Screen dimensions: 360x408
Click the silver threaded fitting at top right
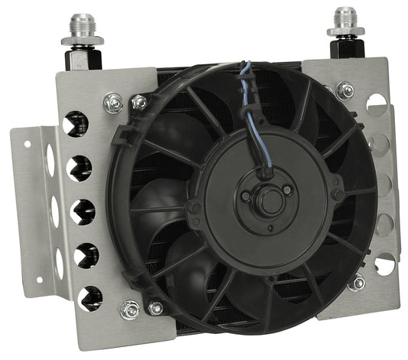pyautogui.click(x=345, y=23)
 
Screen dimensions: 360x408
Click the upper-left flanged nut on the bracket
pyautogui.click(x=113, y=102)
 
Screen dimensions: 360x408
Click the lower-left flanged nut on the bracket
pyautogui.click(x=130, y=309)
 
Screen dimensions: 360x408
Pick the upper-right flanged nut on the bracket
pyautogui.click(x=345, y=90)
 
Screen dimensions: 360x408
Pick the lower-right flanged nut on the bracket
pyautogui.click(x=355, y=282)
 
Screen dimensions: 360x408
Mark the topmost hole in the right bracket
pyautogui.click(x=376, y=105)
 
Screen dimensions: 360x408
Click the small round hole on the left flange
pyautogui.click(x=28, y=143)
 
